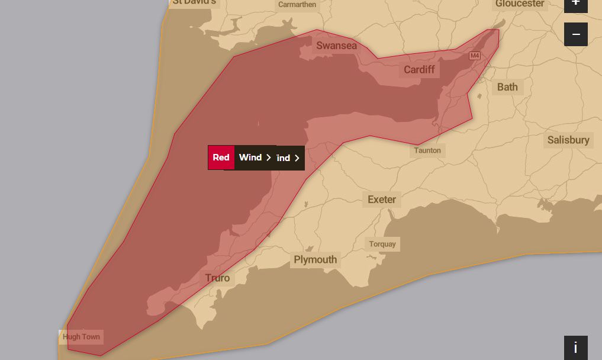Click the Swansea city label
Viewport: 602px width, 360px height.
[x=336, y=46]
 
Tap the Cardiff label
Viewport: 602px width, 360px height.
[x=419, y=70]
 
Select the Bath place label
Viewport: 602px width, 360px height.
[x=507, y=87]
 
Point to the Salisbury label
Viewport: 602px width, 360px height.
[x=568, y=140]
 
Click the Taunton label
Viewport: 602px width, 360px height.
[x=427, y=150]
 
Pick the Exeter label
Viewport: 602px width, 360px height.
[x=382, y=200]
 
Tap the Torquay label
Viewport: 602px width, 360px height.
[x=382, y=244]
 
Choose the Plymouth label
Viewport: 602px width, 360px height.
[x=316, y=260]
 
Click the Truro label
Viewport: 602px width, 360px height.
[x=217, y=278]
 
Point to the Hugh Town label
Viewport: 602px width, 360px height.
[x=81, y=337]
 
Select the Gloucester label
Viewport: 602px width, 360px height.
[x=520, y=4]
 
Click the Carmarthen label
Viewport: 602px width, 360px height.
[x=297, y=5]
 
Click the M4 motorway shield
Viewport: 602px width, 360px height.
[x=474, y=56]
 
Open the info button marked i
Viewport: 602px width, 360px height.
[x=575, y=348]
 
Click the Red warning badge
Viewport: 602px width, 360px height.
[x=221, y=157]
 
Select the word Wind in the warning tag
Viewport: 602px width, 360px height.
[x=250, y=157]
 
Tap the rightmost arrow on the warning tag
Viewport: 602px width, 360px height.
[x=297, y=158]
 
